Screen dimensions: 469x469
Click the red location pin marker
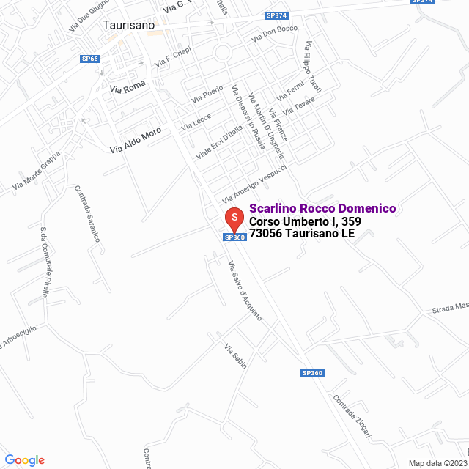(x=234, y=218)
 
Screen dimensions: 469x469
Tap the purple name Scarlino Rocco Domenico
(x=322, y=209)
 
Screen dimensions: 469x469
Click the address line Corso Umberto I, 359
(x=305, y=222)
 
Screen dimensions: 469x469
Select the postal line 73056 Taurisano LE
(x=302, y=234)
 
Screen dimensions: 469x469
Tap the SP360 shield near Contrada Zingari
(x=312, y=373)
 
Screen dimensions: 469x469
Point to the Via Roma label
(x=128, y=87)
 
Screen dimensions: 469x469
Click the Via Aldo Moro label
(x=136, y=140)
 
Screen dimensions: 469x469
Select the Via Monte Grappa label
(x=37, y=177)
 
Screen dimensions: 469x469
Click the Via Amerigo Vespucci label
(x=254, y=182)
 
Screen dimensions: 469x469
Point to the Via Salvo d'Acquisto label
(x=244, y=291)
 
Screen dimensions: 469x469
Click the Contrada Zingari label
(x=352, y=418)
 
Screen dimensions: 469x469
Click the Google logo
(x=24, y=460)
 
